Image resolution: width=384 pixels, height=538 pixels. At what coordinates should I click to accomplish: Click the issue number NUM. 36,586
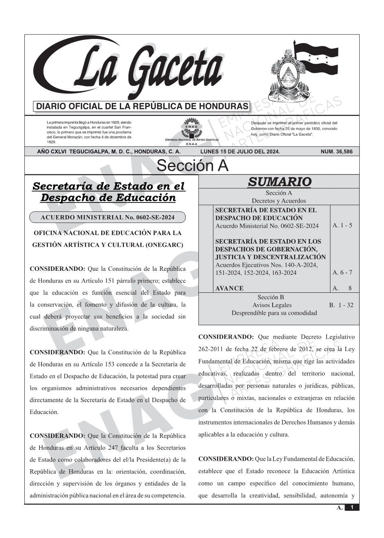coord(336,152)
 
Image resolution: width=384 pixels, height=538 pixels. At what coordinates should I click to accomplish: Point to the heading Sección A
coord(192,166)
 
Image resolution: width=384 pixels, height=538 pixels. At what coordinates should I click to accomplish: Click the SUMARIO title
coord(279,182)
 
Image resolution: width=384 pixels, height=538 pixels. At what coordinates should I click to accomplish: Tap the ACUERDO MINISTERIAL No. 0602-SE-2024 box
coord(107,217)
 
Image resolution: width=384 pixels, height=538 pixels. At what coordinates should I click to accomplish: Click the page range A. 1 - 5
coord(342,225)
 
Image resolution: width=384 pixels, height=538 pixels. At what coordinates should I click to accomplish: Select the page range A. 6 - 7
coord(342,272)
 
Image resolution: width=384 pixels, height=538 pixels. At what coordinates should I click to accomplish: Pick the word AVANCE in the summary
coord(229,288)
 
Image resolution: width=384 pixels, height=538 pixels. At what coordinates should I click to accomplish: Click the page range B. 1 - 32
coord(341,305)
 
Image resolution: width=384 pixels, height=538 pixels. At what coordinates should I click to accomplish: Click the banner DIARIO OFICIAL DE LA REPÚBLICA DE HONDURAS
coord(142,107)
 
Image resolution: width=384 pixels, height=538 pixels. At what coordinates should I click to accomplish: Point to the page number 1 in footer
coord(352,508)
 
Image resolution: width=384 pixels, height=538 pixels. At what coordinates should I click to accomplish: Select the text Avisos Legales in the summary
coord(272,305)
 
